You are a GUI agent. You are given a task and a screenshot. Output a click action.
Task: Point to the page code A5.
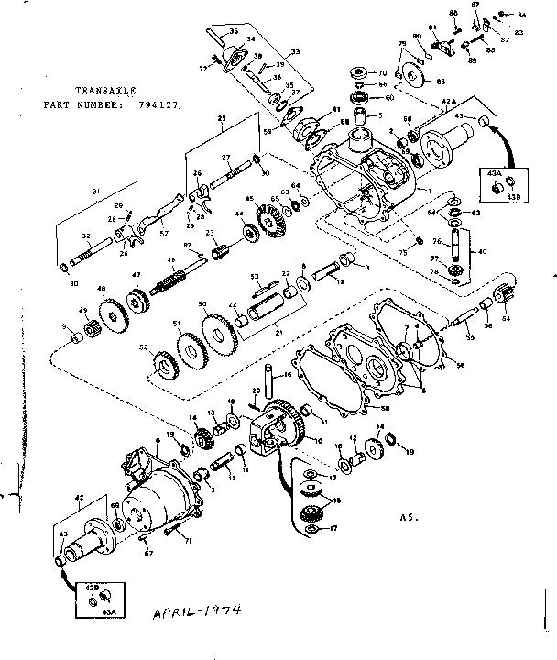[x=409, y=517]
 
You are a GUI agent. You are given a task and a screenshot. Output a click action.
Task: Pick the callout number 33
[x=296, y=52]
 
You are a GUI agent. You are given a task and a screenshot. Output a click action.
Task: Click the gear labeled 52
[x=144, y=348]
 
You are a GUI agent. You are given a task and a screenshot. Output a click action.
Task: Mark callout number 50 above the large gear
[x=202, y=303]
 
